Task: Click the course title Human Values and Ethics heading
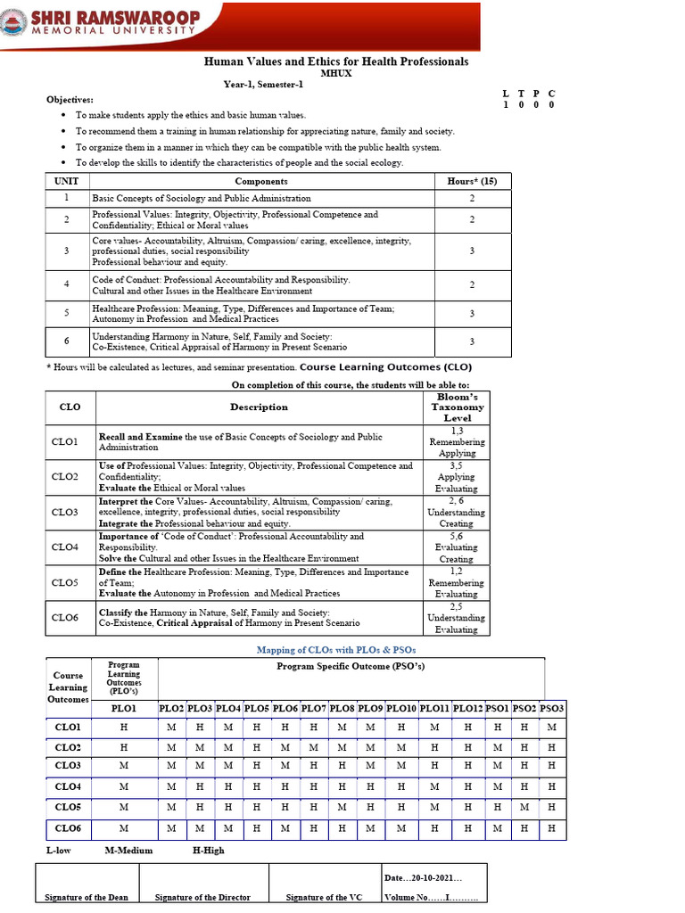tap(336, 62)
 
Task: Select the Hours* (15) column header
tap(472, 181)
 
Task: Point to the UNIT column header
tap(67, 181)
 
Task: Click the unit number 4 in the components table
tap(67, 284)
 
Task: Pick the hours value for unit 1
tap(472, 198)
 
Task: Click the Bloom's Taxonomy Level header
tap(457, 407)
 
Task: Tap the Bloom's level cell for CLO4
tap(457, 547)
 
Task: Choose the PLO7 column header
tap(313, 708)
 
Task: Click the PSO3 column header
tap(552, 708)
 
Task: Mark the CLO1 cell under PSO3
tap(552, 728)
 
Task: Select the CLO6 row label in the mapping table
tap(68, 828)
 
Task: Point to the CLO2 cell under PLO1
tap(124, 747)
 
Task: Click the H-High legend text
tap(209, 851)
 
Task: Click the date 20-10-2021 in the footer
tap(423, 878)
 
